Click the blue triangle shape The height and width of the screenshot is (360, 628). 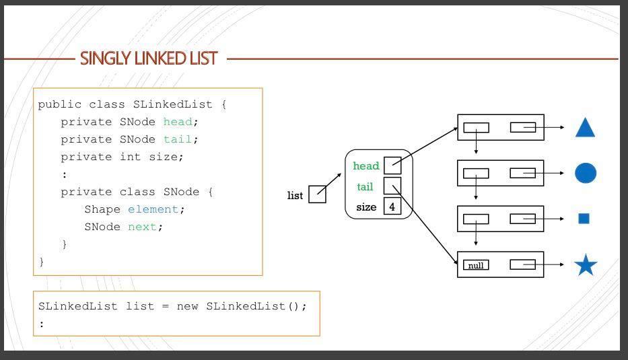coord(585,128)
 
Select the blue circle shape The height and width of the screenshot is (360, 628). coord(586,173)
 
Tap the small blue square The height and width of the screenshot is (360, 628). coord(584,218)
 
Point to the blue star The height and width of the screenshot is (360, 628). coord(586,265)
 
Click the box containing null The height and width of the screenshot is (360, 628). coord(476,265)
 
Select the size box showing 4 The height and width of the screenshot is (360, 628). coord(392,207)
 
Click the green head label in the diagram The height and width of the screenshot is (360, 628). coord(365,166)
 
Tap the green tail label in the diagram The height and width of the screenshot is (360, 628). coord(365,186)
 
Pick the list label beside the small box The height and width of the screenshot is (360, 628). coord(295,196)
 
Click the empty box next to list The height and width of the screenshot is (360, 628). coord(317,194)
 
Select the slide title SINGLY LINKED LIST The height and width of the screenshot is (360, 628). coord(149,59)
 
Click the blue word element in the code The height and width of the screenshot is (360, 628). coord(153,209)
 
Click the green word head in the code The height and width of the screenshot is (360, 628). coord(178,122)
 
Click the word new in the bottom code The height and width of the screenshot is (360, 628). coord(188,306)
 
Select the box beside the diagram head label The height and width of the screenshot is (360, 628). coord(392,166)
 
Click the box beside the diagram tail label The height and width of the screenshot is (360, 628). coord(392,186)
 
